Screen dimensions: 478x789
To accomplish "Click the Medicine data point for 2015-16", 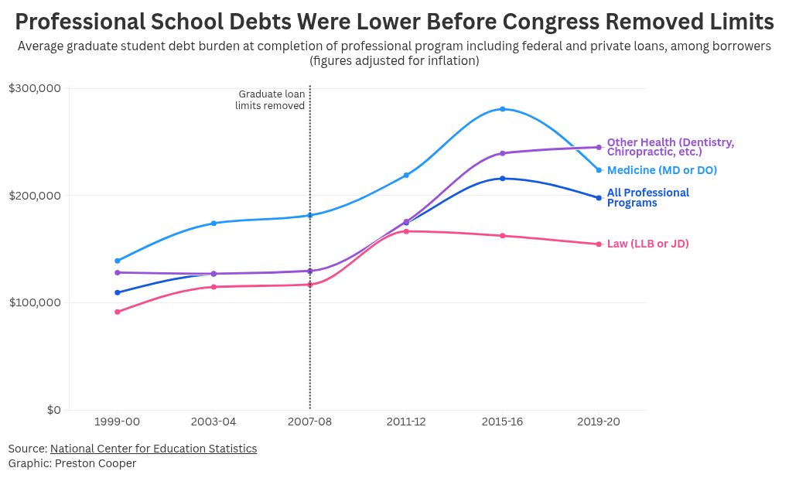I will pyautogui.click(x=503, y=109).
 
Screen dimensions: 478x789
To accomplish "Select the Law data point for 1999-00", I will pyautogui.click(x=118, y=312).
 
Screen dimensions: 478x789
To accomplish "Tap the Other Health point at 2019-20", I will pyautogui.click(x=599, y=147).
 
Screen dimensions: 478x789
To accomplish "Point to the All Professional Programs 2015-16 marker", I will pyautogui.click(x=503, y=179).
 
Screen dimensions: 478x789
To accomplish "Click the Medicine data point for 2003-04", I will pyautogui.click(x=213, y=223).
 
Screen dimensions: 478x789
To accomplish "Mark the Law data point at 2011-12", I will pyautogui.click(x=406, y=231).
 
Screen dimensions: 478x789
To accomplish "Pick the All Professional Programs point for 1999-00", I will pyautogui.click(x=118, y=292).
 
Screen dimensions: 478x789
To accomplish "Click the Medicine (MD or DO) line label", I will pyautogui.click(x=661, y=170).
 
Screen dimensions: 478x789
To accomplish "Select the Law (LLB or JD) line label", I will pyautogui.click(x=647, y=244).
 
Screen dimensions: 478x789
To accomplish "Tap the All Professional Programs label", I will pyautogui.click(x=647, y=197).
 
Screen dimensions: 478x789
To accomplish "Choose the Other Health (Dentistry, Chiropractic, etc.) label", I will pyautogui.click(x=670, y=147).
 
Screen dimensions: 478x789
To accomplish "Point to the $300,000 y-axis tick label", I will pyautogui.click(x=35, y=88).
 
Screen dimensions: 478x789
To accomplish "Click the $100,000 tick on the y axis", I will pyautogui.click(x=35, y=302).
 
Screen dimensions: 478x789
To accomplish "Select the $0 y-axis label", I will pyautogui.click(x=53, y=410).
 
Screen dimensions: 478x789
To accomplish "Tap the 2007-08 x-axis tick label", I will pyautogui.click(x=309, y=422).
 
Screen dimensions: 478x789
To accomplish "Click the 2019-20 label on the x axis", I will pyautogui.click(x=599, y=422).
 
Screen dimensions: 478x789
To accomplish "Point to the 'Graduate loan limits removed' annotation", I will pyautogui.click(x=271, y=100).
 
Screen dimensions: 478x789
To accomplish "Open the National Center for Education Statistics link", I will pyautogui.click(x=153, y=449).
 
